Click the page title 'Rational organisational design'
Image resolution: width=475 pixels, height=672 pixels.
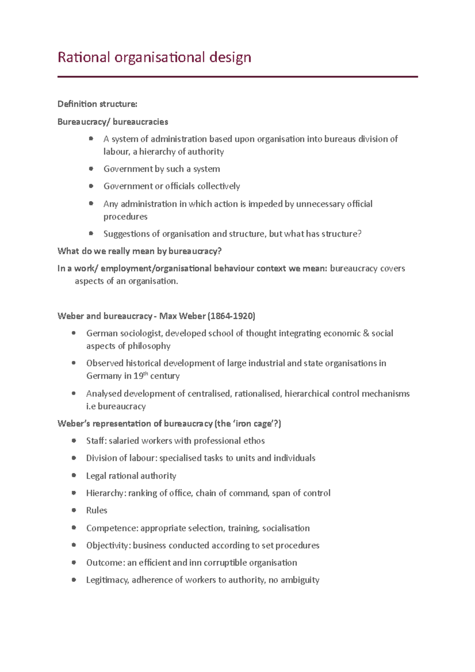click(154, 58)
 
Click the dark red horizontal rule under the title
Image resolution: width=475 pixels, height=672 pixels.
click(237, 77)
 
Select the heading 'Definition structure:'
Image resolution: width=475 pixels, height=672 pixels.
click(97, 104)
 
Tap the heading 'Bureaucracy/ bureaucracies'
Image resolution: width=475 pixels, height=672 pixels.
click(113, 122)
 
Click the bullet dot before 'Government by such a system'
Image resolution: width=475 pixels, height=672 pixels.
click(91, 169)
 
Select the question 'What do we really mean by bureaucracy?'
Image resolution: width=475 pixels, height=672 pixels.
click(139, 251)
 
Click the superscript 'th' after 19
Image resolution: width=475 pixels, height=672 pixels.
click(146, 374)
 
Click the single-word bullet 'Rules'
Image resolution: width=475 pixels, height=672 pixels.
click(97, 511)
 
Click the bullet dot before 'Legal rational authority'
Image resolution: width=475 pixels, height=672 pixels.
click(74, 475)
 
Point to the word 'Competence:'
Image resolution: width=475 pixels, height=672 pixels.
click(112, 528)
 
